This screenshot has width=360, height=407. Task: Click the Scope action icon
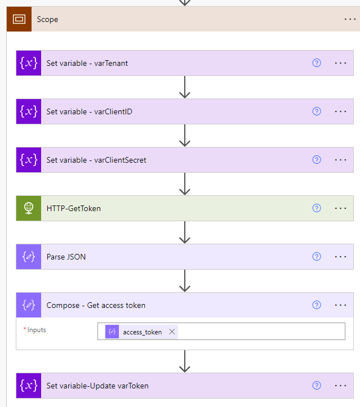point(19,19)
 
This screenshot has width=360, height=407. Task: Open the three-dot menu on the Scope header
point(350,19)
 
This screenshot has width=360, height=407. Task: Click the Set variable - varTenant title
point(87,63)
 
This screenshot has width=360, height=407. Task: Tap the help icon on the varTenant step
point(317,63)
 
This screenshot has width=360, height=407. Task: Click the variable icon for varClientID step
point(29,111)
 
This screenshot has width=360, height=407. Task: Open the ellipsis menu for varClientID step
point(340,111)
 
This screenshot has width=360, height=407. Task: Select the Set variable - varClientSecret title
point(96,160)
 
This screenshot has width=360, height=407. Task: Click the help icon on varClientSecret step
point(317,160)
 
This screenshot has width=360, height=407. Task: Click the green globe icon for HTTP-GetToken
point(29,208)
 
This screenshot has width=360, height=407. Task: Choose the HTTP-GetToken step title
point(74,208)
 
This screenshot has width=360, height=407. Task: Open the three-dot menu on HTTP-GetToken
point(340,208)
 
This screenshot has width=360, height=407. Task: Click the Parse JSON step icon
point(29,257)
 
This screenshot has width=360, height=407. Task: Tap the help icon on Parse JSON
point(317,257)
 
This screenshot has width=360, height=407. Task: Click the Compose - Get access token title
point(96,305)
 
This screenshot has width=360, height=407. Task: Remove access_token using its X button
point(172,332)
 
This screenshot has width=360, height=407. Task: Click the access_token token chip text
point(142,332)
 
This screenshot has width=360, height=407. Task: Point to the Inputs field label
point(37,330)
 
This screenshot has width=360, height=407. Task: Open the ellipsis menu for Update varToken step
point(340,386)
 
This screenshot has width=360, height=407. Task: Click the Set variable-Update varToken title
point(97,386)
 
